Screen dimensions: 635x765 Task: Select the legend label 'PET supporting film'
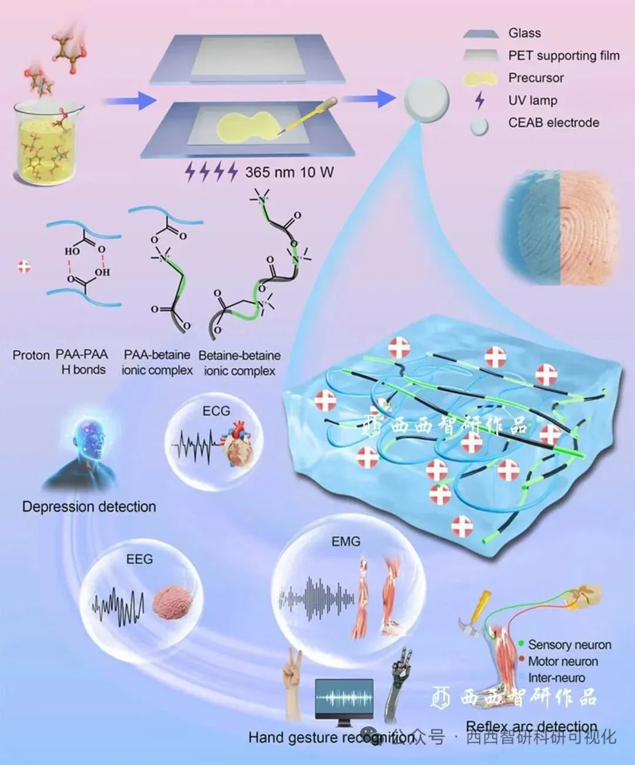(563, 56)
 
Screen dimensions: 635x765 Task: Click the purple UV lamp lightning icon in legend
(480, 101)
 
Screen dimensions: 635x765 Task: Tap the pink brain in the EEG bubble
(173, 602)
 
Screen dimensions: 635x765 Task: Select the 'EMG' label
(346, 542)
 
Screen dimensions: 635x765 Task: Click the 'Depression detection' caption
(89, 507)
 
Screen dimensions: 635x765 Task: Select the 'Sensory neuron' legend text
(569, 645)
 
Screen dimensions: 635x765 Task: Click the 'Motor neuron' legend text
(563, 662)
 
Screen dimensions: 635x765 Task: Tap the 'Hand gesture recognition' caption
(329, 737)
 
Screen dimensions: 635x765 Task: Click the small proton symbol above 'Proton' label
(24, 266)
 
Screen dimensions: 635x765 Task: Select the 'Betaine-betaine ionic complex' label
(239, 363)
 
